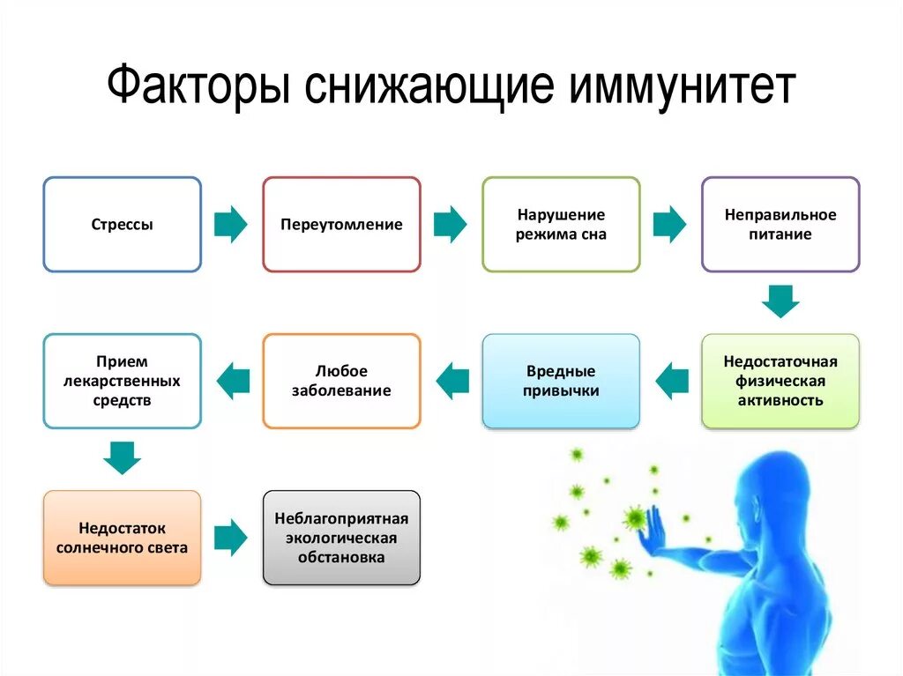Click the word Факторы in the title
[200, 89]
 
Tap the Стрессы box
[123, 225]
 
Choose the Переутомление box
[341, 225]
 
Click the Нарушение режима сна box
[561, 225]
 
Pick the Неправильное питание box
[780, 225]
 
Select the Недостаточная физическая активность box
[780, 381]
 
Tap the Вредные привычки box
[561, 381]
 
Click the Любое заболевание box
[341, 381]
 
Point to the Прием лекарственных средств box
[123, 381]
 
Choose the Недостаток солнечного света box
[123, 538]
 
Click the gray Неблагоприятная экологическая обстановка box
[341, 538]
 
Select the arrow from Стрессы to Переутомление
[231, 225]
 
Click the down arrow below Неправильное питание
[780, 301]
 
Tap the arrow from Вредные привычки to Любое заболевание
[452, 381]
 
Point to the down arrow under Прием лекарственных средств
[122, 458]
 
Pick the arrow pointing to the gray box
[231, 538]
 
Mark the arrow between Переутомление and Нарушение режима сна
[451, 225]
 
